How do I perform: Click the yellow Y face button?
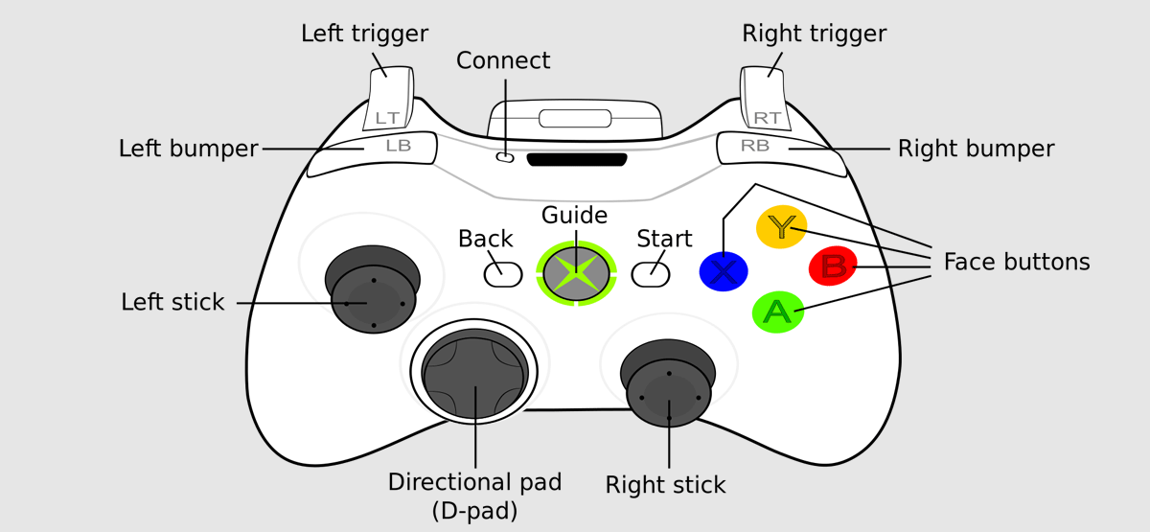click(782, 227)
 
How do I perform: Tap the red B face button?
click(833, 266)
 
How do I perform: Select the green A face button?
click(777, 312)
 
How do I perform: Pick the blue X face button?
click(724, 271)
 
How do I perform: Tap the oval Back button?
click(502, 274)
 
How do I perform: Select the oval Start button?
click(651, 274)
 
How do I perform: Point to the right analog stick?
click(669, 394)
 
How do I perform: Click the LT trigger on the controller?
click(388, 101)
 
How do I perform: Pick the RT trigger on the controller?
click(765, 101)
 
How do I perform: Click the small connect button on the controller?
click(505, 157)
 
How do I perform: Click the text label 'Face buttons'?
click(1017, 262)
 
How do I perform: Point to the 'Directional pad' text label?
click(474, 482)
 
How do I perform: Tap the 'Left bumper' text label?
click(189, 149)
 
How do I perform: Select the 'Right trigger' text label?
click(815, 34)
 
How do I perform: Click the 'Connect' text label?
click(503, 60)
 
